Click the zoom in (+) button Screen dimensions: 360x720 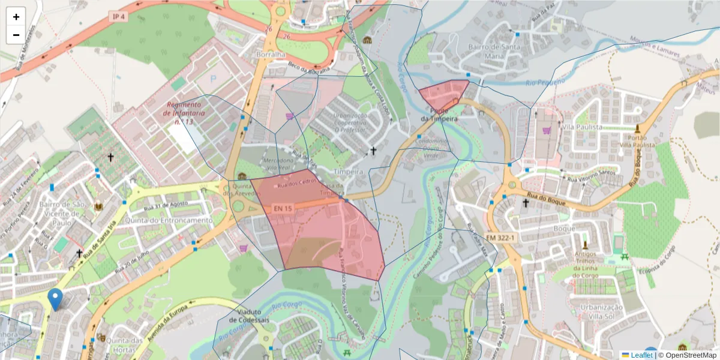pyautogui.click(x=16, y=17)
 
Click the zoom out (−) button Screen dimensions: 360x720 pyautogui.click(x=16, y=35)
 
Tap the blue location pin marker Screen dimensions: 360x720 pyautogui.click(x=55, y=299)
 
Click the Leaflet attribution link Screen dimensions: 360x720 pyautogui.click(x=641, y=355)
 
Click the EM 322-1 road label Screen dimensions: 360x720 pyautogui.click(x=500, y=238)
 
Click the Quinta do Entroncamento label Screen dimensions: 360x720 pyautogui.click(x=169, y=220)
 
